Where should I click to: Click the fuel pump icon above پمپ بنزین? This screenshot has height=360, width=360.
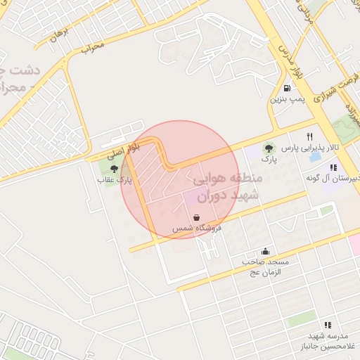pos(287,88)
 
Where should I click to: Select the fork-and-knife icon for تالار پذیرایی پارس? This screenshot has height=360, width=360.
pos(309,136)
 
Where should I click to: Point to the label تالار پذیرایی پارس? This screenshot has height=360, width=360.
pos(310,148)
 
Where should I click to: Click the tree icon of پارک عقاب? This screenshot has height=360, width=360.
pos(115,168)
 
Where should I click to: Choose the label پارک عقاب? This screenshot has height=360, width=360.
pos(115,181)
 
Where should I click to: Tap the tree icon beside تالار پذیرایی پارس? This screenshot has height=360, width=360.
pos(266,148)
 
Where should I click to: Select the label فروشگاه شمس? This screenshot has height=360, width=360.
pos(197,229)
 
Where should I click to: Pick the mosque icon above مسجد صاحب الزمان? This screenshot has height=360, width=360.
pos(265,251)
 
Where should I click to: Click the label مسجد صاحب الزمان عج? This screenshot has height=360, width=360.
pos(266,267)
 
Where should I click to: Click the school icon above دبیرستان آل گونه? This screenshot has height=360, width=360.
pos(333,167)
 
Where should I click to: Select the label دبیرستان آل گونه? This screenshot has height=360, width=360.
pos(333,179)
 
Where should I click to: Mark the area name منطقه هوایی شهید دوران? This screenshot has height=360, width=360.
pos(226,188)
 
